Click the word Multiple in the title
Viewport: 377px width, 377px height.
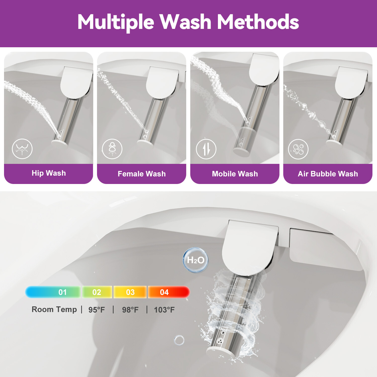[x=116, y=22]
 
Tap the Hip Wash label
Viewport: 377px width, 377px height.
[x=49, y=173]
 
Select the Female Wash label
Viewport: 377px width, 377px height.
[x=142, y=174]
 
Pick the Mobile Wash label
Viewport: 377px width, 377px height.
[x=235, y=174]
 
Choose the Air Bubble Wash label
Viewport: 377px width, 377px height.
[x=328, y=174]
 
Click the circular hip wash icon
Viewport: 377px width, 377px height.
[x=22, y=149]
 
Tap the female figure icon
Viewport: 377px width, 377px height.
[x=112, y=149]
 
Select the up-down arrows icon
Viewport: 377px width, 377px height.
[x=206, y=149]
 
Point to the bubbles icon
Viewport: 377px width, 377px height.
[x=298, y=149]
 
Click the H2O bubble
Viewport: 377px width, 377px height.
[x=196, y=260]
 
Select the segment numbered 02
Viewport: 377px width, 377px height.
[x=97, y=292]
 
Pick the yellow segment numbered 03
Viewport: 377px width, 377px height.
[x=130, y=292]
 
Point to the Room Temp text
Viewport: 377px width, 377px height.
[x=54, y=309]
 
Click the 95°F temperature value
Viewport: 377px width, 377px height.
[x=97, y=310]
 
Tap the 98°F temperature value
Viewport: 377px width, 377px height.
[x=130, y=310]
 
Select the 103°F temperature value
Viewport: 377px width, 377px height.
[x=164, y=310]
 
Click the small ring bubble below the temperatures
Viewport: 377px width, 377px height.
[x=179, y=340]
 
